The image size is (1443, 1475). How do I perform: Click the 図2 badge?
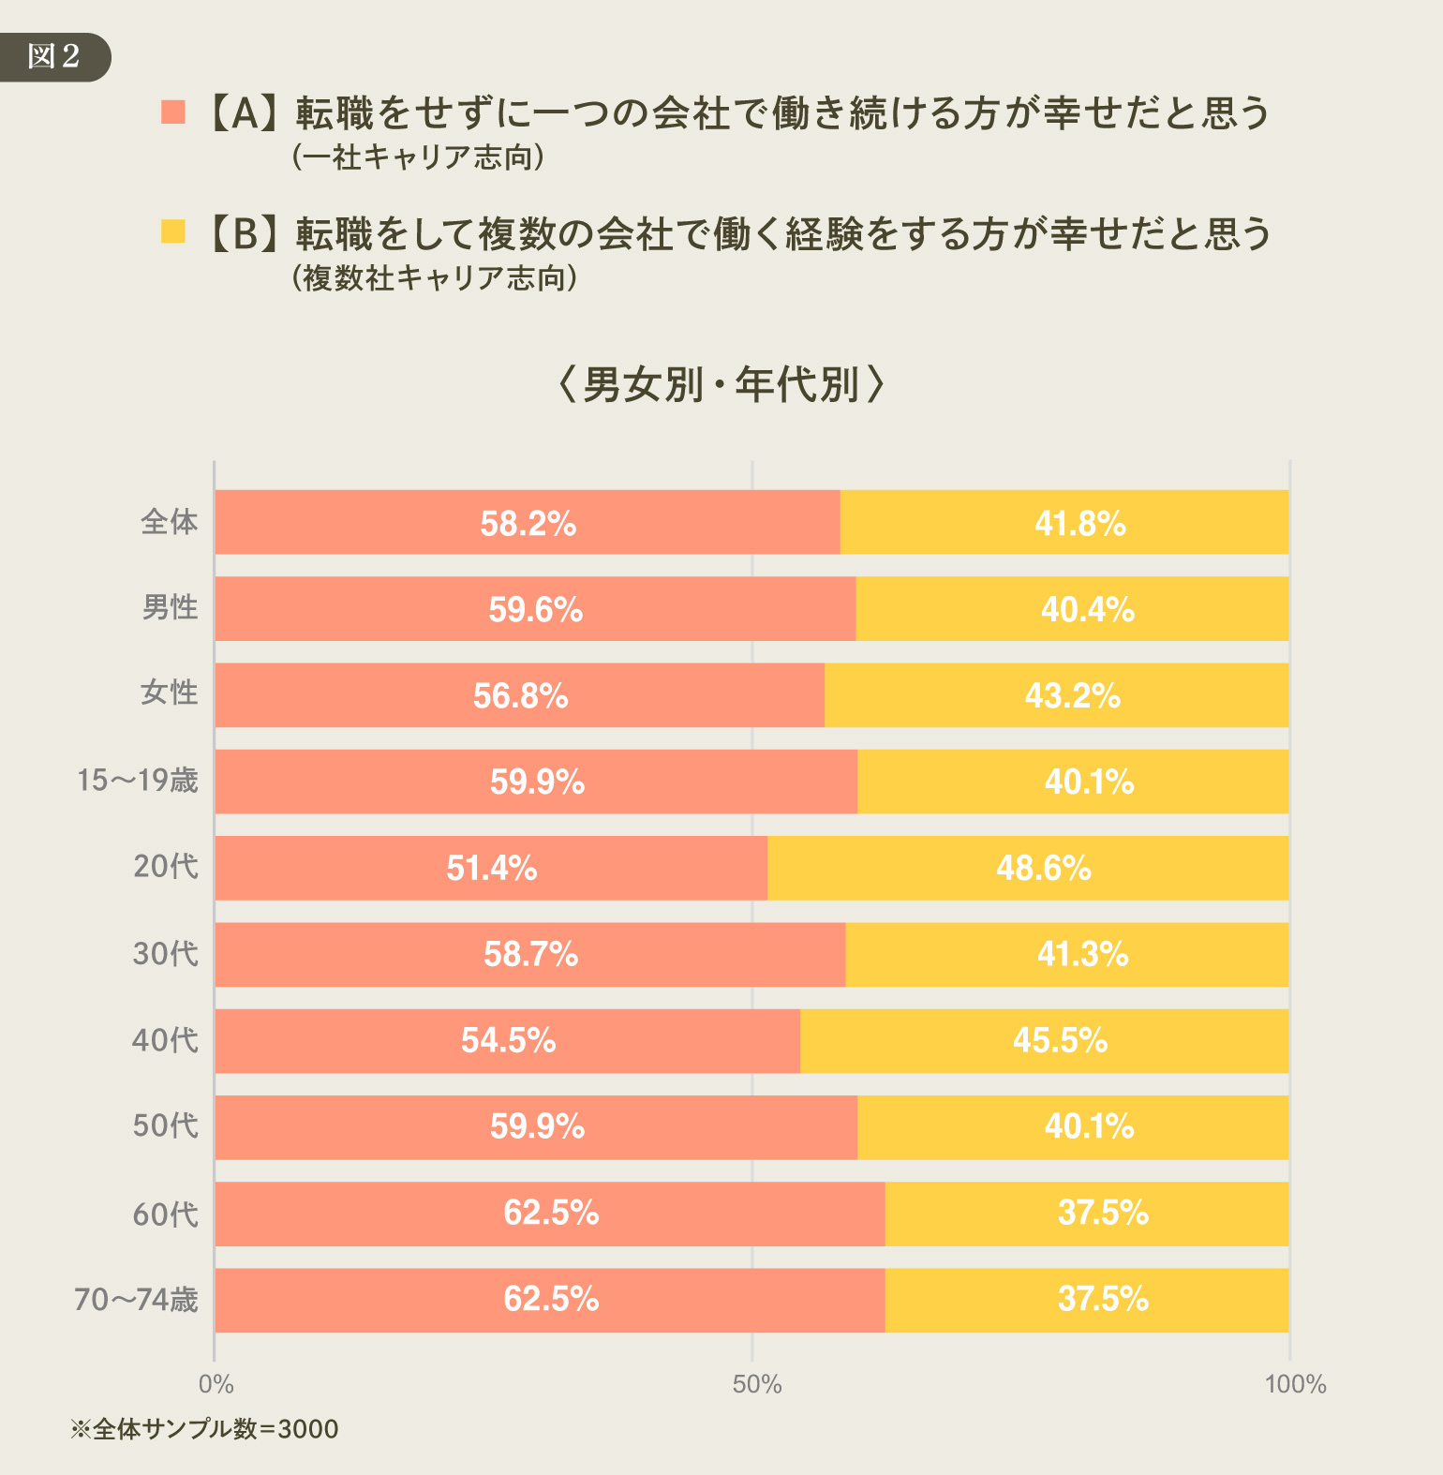53,56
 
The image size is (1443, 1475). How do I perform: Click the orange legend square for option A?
173,112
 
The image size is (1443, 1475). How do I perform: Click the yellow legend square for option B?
173,231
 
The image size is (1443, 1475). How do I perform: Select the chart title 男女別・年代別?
721,384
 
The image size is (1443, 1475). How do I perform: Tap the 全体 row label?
170,522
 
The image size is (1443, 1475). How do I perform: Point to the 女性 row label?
170,693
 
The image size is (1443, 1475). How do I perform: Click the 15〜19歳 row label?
138,780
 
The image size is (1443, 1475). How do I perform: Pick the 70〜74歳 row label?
137,1300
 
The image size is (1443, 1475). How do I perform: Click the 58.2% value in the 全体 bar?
528,523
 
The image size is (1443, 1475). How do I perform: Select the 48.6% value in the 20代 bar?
1043,868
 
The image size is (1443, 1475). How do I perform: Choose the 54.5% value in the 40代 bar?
508,1040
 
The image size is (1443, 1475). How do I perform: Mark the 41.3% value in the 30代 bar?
1082,954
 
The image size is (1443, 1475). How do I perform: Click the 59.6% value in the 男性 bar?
535,610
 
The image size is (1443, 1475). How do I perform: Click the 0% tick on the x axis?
216,1384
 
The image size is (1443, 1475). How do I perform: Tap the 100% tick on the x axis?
1295,1384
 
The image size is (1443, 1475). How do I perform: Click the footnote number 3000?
308,1429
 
